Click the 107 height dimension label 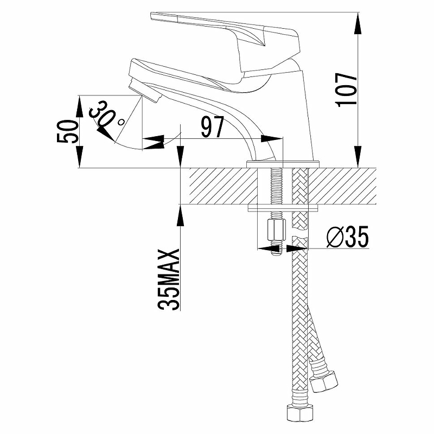click(x=346, y=90)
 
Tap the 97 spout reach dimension click(x=212, y=127)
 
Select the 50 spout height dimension click(x=67, y=131)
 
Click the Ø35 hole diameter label click(x=347, y=237)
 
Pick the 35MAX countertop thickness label click(x=169, y=279)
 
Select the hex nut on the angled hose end click(x=324, y=382)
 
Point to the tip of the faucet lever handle click(x=151, y=16)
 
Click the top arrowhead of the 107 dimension click(x=358, y=23)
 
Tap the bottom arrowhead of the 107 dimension click(x=358, y=156)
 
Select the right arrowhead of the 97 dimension click(x=272, y=138)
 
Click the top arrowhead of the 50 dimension click(x=79, y=107)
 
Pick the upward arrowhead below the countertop click(x=180, y=216)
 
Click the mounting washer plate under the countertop click(x=283, y=208)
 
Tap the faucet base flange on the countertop click(x=283, y=164)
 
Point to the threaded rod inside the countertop click(x=276, y=186)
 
